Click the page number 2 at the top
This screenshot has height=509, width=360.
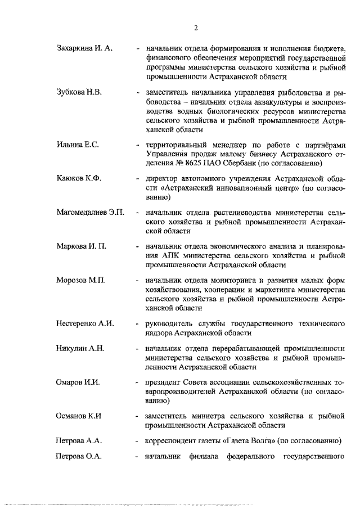point(195,27)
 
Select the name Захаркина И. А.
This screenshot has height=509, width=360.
point(85,48)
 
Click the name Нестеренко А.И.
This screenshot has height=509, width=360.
point(85,324)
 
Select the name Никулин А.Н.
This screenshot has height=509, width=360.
point(82,349)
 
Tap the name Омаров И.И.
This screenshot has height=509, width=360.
point(78,383)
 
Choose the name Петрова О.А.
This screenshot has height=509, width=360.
point(79,456)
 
